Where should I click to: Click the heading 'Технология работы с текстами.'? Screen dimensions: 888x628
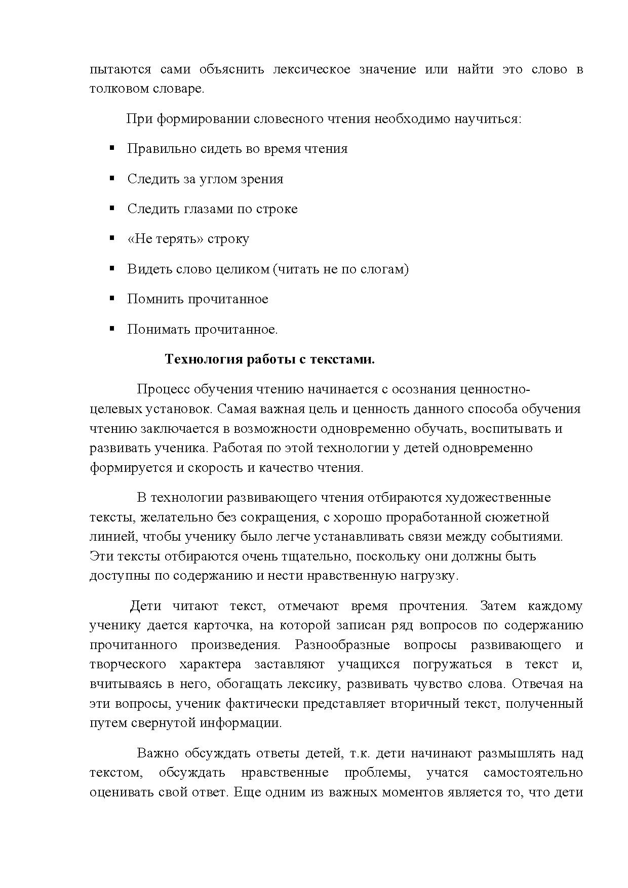(x=269, y=359)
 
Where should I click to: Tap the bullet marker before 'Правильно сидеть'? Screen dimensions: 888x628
(x=112, y=148)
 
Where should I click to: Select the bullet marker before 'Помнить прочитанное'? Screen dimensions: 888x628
(x=112, y=298)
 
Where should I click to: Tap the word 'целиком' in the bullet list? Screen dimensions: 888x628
(x=244, y=269)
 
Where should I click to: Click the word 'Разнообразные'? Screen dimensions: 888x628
(x=342, y=645)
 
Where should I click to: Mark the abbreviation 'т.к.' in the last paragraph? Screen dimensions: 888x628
(x=362, y=753)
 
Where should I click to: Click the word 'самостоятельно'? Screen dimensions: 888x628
(x=533, y=773)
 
